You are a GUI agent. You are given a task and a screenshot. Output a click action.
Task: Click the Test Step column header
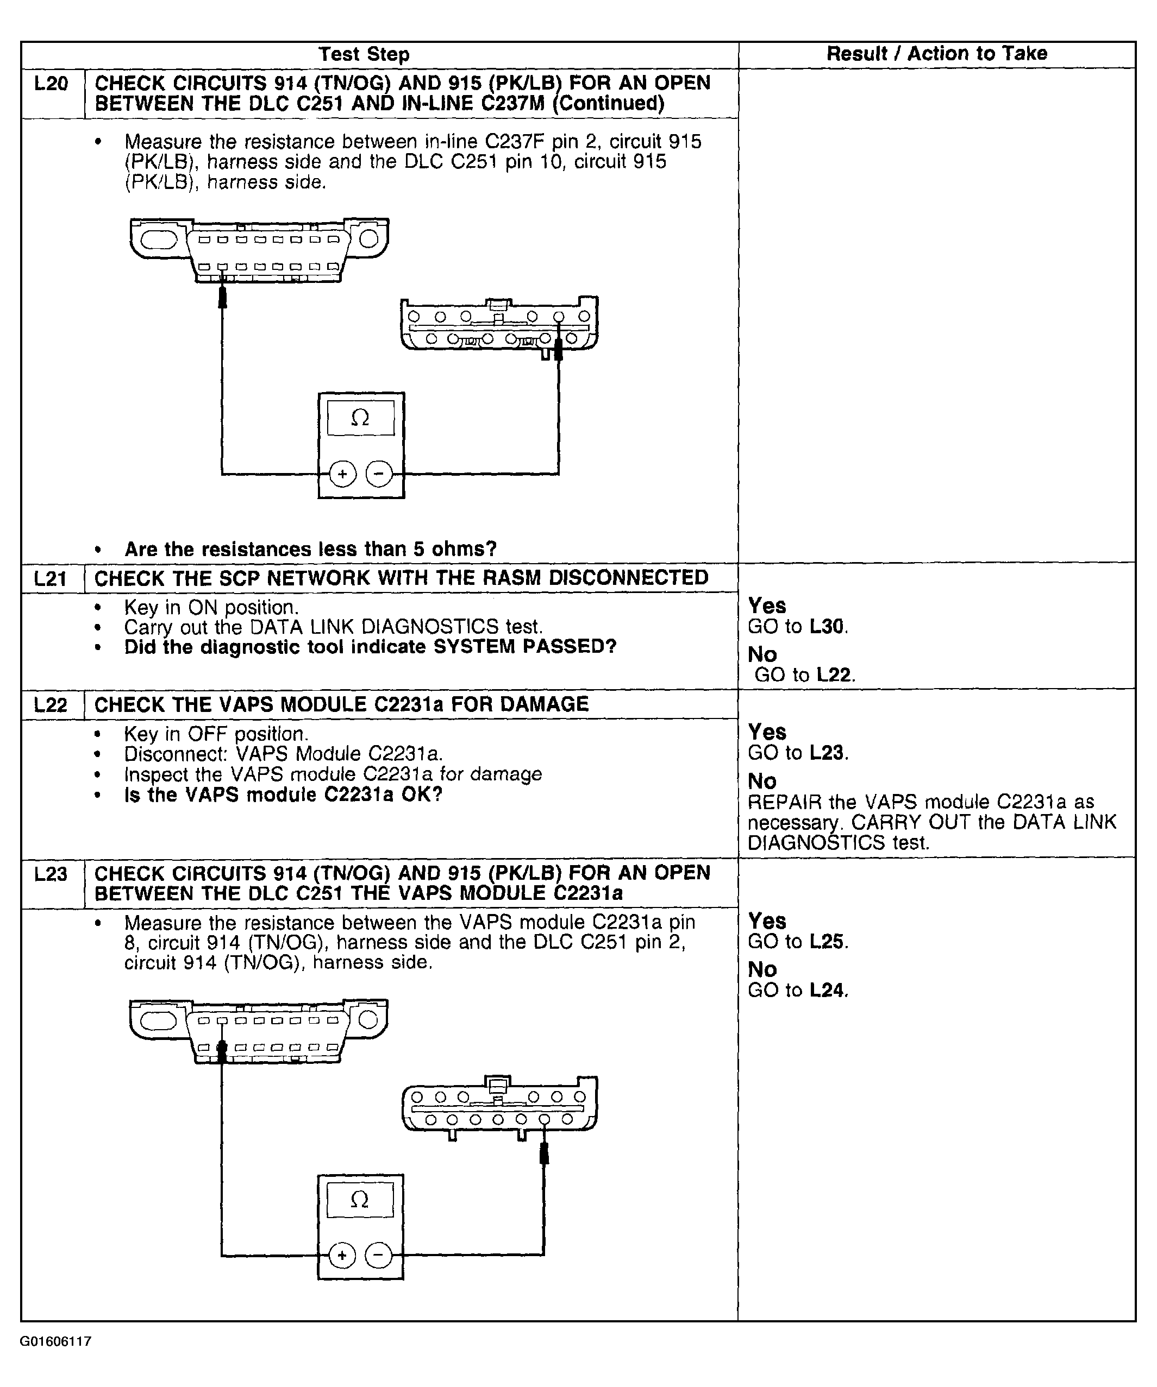tap(364, 54)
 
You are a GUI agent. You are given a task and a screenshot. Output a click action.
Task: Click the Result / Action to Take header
tap(936, 54)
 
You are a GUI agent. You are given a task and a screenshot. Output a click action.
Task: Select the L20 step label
tap(52, 84)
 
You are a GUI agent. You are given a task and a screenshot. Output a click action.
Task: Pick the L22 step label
tap(51, 705)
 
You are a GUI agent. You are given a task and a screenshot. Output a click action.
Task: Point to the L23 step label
tap(51, 874)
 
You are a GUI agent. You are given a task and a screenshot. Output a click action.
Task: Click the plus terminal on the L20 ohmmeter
tap(342, 474)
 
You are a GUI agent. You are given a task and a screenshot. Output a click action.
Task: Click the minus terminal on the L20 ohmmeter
tap(379, 474)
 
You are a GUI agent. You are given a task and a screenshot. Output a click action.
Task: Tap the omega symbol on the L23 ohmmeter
tap(359, 1199)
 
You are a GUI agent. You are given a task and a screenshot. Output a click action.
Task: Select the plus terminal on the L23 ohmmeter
tap(342, 1255)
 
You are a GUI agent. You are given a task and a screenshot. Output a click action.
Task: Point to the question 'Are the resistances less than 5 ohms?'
tap(310, 549)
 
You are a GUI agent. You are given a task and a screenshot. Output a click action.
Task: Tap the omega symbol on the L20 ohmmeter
tap(360, 418)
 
